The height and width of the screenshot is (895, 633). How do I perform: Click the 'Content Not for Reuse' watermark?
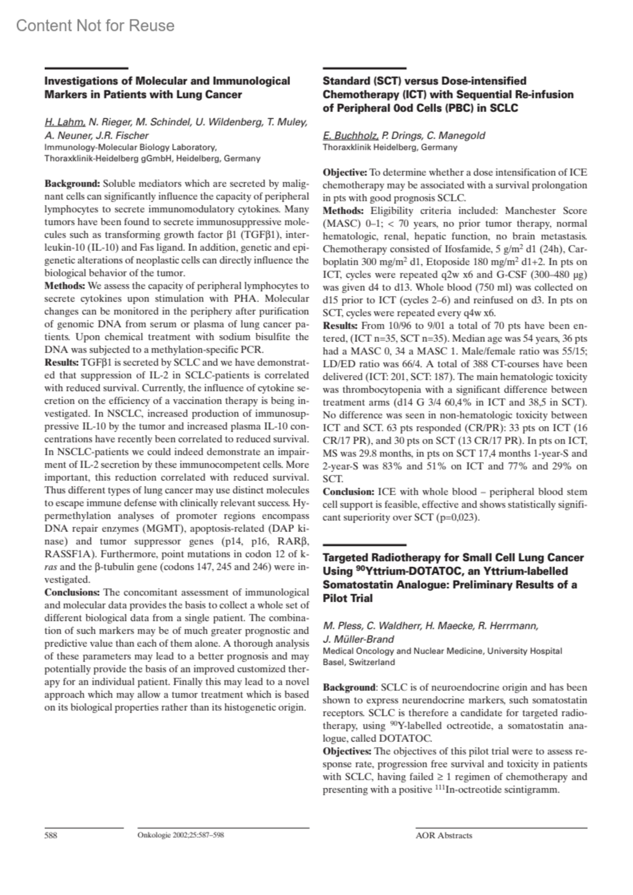coord(95,25)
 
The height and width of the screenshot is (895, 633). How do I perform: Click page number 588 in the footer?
coord(51,835)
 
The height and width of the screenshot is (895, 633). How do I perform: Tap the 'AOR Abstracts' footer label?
coord(444,835)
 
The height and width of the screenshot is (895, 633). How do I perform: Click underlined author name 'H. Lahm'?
coord(64,122)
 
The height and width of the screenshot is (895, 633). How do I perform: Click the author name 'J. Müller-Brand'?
coord(358,639)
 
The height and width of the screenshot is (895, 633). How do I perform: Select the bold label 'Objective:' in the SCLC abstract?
coord(344,173)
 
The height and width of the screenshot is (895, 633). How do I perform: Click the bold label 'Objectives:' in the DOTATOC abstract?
coord(347,751)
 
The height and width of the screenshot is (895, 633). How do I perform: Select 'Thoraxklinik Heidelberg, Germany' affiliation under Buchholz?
coord(389,147)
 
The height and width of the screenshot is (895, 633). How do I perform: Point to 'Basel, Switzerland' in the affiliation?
coord(358,662)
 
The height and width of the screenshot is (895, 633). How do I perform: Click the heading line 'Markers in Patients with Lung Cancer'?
coord(143,95)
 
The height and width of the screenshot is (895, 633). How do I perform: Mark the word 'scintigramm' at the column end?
coord(529,789)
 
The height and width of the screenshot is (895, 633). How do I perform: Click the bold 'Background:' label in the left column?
coord(72,184)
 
